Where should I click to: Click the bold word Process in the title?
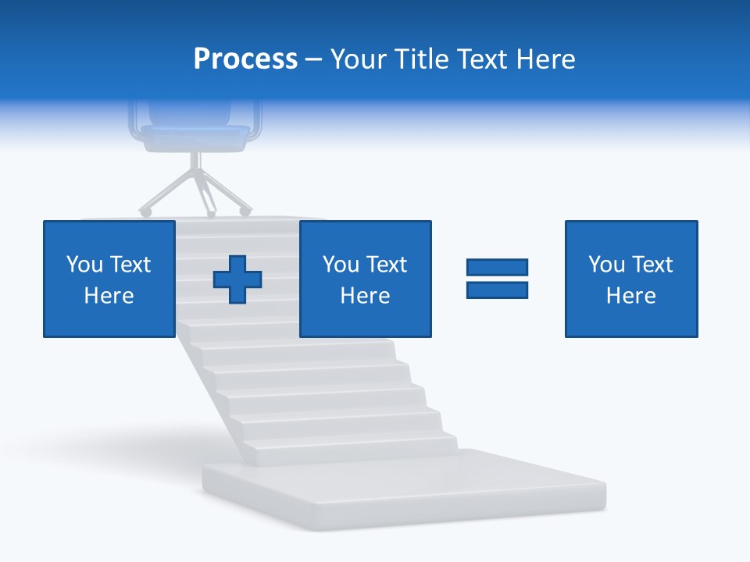[x=245, y=59]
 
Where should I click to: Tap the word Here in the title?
[x=545, y=59]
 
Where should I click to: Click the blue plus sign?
[x=237, y=279]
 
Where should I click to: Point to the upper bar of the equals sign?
[x=497, y=268]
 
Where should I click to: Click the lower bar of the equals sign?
[x=497, y=290]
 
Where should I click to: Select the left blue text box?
[x=109, y=279]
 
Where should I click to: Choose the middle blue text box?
[x=365, y=279]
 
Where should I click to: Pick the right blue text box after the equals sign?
[x=630, y=279]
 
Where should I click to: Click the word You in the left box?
[x=84, y=265]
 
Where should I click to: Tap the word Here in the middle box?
[x=365, y=296]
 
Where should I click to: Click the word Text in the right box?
[x=652, y=265]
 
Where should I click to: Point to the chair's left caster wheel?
[x=145, y=212]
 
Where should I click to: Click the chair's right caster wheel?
[x=246, y=211]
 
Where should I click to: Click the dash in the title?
[x=313, y=59]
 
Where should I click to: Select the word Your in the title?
[x=357, y=59]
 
